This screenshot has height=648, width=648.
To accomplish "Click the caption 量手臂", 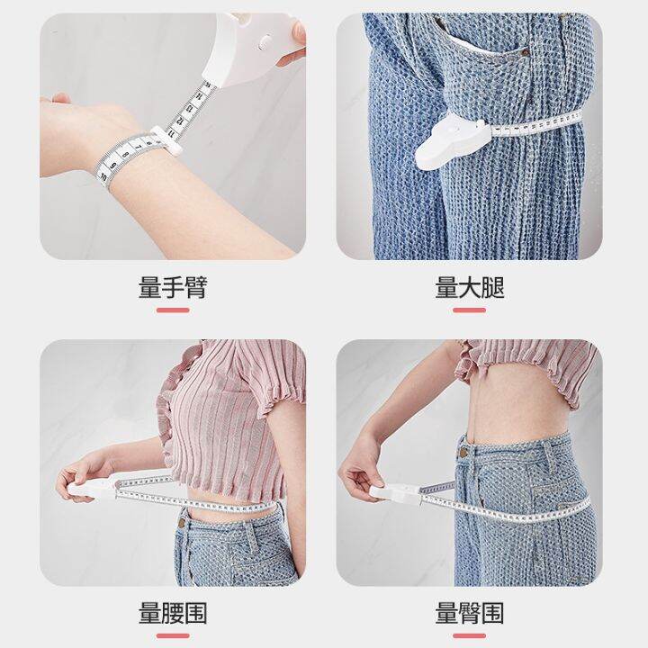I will coord(173,287).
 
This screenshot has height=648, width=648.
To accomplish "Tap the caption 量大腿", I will coord(470,287).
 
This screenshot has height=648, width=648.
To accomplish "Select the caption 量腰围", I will coord(173,614).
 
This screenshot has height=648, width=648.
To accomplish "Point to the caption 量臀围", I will coord(470,614).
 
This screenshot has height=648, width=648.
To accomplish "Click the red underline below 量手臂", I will coord(173,310).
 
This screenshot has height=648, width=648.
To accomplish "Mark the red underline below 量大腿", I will coord(470,310).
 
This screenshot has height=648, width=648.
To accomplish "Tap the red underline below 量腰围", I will coord(173,637).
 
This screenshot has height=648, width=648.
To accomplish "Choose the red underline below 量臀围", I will coord(470,637).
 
